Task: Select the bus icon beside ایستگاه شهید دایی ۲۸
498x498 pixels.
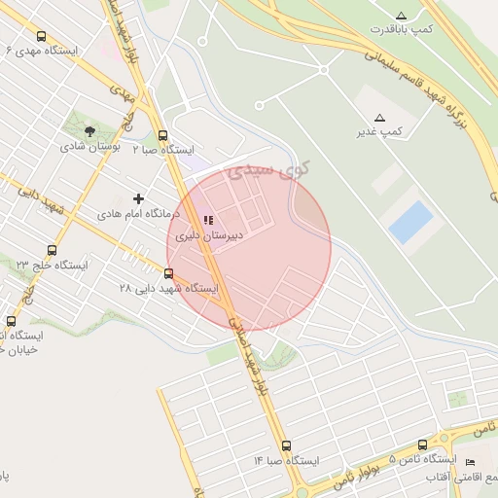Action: (170, 274)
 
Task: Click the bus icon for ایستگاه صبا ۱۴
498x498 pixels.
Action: (286, 445)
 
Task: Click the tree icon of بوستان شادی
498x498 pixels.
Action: (89, 131)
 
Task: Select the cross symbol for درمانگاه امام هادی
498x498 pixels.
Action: (138, 198)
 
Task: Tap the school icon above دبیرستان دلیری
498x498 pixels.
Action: (208, 221)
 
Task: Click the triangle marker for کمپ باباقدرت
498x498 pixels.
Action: (402, 15)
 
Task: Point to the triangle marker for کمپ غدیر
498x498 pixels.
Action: (379, 117)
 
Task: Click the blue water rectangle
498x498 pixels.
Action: (410, 223)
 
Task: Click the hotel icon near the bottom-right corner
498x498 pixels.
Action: (471, 461)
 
